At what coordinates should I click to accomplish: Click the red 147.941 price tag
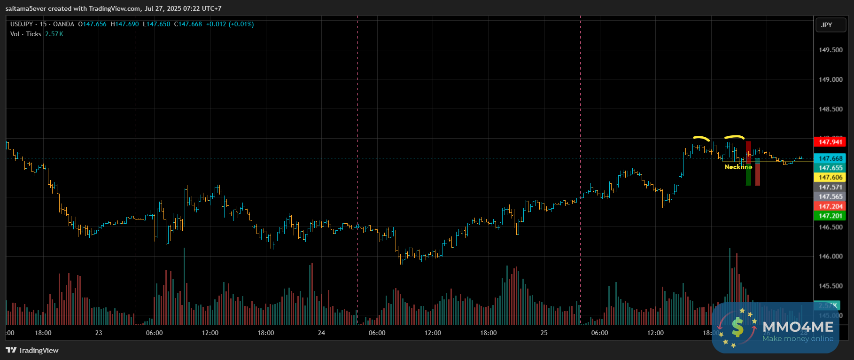830,142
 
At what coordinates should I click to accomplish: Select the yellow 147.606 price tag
830,178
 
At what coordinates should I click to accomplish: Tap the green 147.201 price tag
830,216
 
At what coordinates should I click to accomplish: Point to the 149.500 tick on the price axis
830,50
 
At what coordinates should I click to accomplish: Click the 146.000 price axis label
830,257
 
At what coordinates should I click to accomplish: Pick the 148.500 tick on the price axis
830,110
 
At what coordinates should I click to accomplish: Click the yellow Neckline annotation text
738,167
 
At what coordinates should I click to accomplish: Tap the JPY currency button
827,25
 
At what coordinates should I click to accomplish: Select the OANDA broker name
63,24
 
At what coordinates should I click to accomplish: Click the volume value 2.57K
54,34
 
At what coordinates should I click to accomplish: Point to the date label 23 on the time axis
99,333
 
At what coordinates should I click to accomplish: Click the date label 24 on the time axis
321,333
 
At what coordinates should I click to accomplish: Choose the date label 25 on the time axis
544,333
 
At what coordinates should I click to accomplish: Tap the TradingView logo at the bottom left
32,350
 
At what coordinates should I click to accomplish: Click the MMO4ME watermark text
798,327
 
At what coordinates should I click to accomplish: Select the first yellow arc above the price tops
701,138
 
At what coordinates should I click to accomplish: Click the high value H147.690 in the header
124,24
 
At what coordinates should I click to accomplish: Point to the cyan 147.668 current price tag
830,158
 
